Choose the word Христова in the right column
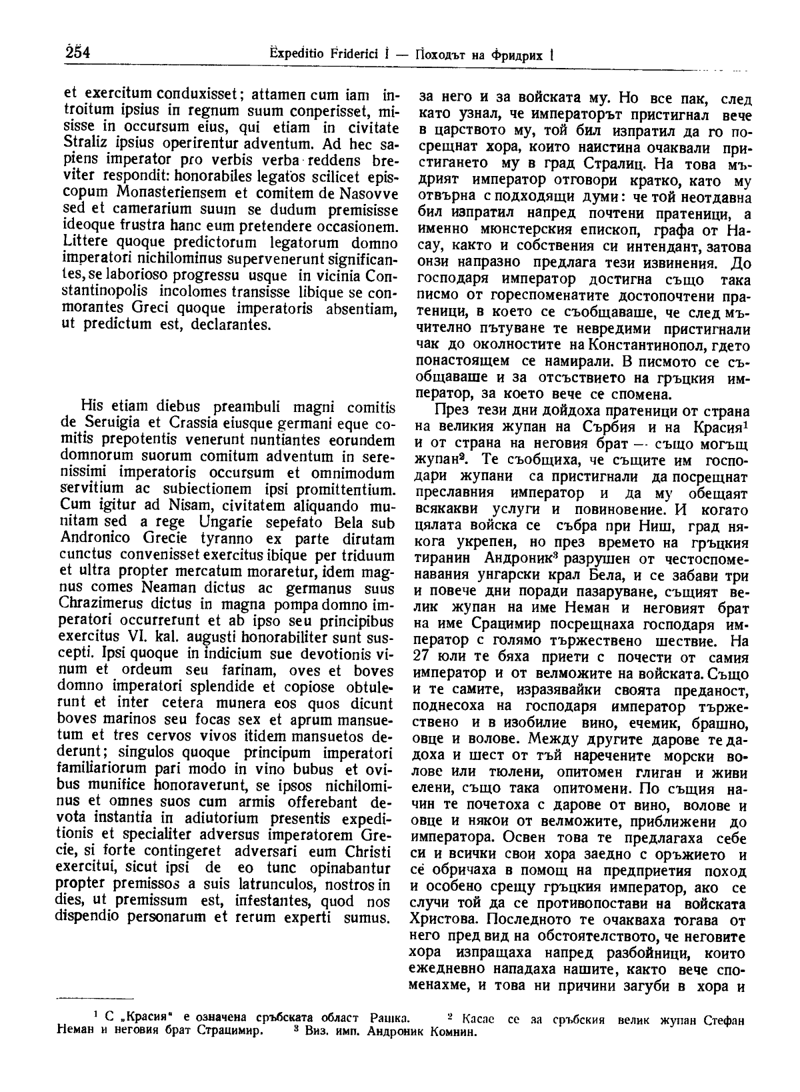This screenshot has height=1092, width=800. pyautogui.click(x=443, y=919)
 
